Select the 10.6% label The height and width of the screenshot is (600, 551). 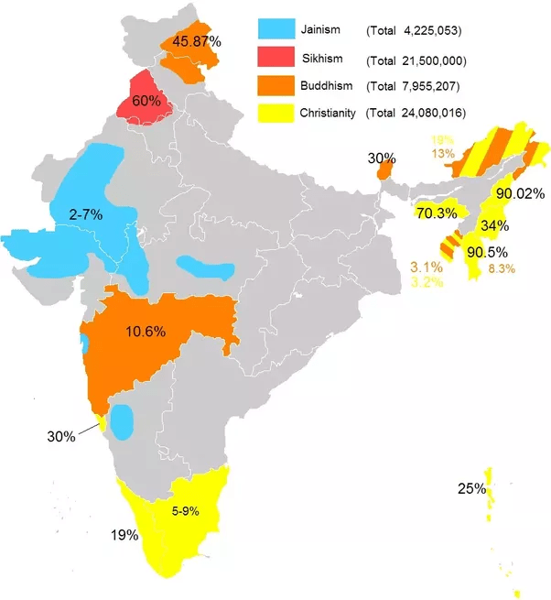pyautogui.click(x=147, y=331)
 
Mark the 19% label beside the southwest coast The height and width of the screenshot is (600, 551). pyautogui.click(x=124, y=534)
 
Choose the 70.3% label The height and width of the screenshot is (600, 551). pyautogui.click(x=437, y=213)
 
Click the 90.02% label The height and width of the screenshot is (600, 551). pyautogui.click(x=520, y=194)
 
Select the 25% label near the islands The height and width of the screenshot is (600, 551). pyautogui.click(x=471, y=489)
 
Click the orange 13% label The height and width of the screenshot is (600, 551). pyautogui.click(x=443, y=153)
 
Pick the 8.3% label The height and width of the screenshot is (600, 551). pyautogui.click(x=502, y=268)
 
